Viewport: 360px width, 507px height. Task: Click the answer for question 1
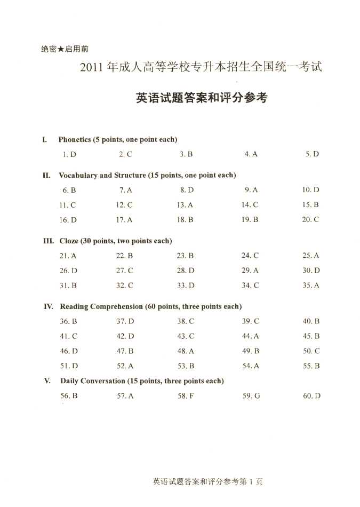point(69,154)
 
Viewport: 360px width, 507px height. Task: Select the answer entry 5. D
point(312,154)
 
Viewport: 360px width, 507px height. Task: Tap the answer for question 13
point(185,205)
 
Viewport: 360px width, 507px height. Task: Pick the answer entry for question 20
point(310,220)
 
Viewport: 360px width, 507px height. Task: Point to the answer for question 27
point(125,271)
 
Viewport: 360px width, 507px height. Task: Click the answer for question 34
point(250,286)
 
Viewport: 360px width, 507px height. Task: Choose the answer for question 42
point(125,336)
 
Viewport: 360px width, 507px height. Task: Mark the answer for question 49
point(251,351)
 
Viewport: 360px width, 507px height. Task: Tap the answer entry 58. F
point(186,396)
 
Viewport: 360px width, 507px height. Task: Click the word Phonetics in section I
point(75,140)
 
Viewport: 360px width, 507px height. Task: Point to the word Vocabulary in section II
point(78,175)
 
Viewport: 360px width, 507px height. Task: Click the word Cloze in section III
point(69,241)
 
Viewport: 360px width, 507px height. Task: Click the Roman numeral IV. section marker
point(48,306)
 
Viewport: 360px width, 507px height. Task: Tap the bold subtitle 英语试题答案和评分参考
point(201,98)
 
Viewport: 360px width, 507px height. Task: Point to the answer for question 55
point(311,366)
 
